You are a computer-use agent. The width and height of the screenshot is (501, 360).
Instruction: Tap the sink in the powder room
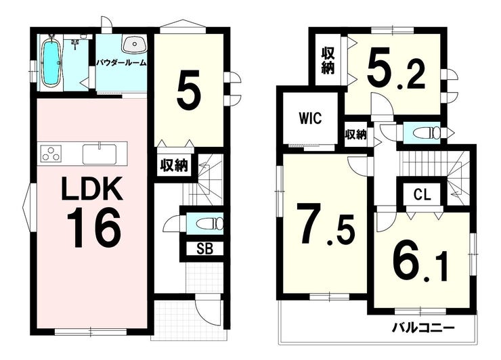pyautogui.click(x=135, y=45)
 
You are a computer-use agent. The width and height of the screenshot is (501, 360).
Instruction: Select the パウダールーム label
pyautogui.click(x=121, y=63)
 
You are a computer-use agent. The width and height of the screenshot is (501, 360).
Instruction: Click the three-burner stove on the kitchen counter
pyautogui.click(x=51, y=153)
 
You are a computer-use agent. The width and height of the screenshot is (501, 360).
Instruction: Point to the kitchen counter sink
pyautogui.click(x=100, y=154)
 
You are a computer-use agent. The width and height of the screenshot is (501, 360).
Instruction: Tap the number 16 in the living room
pyautogui.click(x=93, y=227)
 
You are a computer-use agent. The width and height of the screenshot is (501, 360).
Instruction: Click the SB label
pyautogui.click(x=205, y=249)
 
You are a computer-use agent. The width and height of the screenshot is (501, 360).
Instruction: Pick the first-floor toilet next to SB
pyautogui.click(x=210, y=223)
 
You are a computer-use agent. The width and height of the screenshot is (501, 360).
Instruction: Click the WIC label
pyautogui.click(x=310, y=118)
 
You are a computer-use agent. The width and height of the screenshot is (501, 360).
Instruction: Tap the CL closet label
pyautogui.click(x=422, y=194)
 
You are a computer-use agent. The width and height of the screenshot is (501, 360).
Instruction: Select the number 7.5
pyautogui.click(x=326, y=224)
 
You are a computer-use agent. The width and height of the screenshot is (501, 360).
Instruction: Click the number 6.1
pyautogui.click(x=420, y=262)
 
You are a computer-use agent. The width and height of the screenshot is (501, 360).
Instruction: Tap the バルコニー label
pyautogui.click(x=423, y=328)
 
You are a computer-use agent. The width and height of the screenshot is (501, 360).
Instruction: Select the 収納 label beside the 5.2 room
pyautogui.click(x=328, y=60)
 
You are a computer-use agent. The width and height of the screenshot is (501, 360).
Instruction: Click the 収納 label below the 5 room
pyautogui.click(x=174, y=166)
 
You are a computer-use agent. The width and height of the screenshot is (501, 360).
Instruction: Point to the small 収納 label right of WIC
pyautogui.click(x=355, y=135)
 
